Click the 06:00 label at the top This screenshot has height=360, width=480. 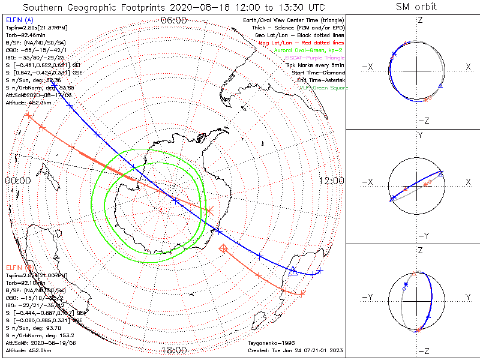pyautogui.click(x=174, y=20)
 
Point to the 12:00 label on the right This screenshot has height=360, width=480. pyautogui.click(x=331, y=180)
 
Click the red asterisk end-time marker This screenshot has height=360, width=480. pyautogui.click(x=209, y=211)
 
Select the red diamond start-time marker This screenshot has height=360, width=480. pyautogui.click(x=224, y=247)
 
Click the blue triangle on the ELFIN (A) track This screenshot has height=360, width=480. pyautogui.click(x=293, y=271)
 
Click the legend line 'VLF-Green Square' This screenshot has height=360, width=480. pyautogui.click(x=323, y=88)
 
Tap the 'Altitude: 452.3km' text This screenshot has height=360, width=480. pyautogui.click(x=29, y=103)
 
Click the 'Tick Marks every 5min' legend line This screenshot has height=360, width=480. pyautogui.click(x=316, y=65)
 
